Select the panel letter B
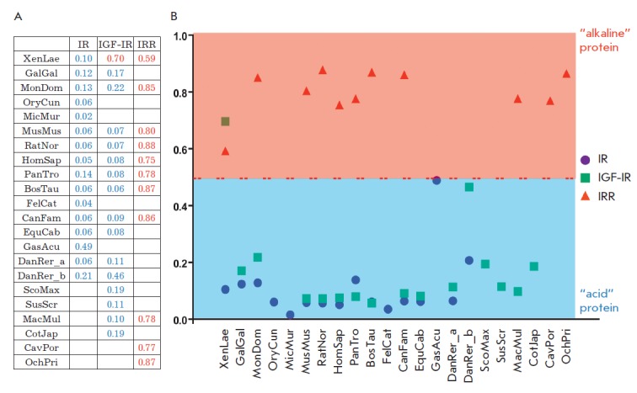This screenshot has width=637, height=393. [x=174, y=16]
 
